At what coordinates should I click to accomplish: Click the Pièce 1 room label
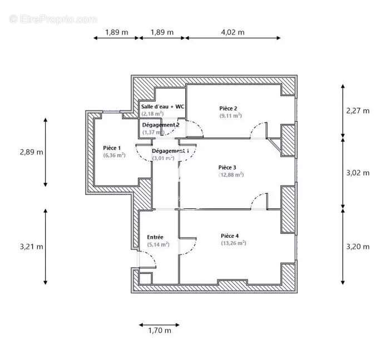point(112,148)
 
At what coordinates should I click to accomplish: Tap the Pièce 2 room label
point(228,108)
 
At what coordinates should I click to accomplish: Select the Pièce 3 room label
point(227,167)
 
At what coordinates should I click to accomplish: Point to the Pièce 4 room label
point(230,236)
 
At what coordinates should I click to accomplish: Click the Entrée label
point(155,237)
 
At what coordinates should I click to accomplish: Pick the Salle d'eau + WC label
point(162,106)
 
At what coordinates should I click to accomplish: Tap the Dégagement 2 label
point(161,125)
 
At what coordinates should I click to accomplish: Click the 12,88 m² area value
point(231,174)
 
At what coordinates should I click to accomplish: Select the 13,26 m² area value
point(234,243)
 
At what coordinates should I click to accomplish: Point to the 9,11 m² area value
point(230,116)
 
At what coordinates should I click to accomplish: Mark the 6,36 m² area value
point(114,155)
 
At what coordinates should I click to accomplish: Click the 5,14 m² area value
point(158,244)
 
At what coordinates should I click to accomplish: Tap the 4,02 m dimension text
point(232,32)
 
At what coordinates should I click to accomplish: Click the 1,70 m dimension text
point(160,331)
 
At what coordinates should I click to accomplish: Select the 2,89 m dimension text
point(31,152)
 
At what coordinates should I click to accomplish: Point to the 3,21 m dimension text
point(31,247)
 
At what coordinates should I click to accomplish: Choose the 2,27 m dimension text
point(358,111)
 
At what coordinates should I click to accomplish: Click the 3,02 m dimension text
point(358,173)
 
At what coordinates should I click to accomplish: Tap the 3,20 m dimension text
point(358,247)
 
